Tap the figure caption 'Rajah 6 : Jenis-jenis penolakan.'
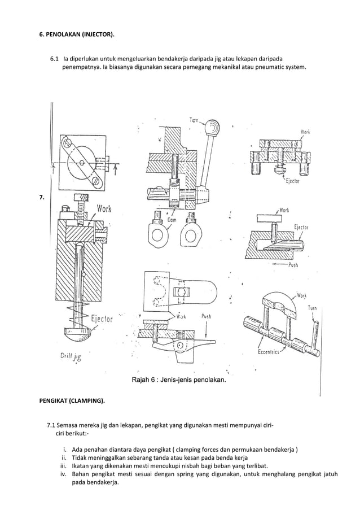[x=179, y=380]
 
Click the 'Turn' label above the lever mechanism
[x=194, y=119]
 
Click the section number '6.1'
[x=55, y=58]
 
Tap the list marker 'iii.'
[x=64, y=466]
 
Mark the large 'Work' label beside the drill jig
[x=104, y=209]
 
